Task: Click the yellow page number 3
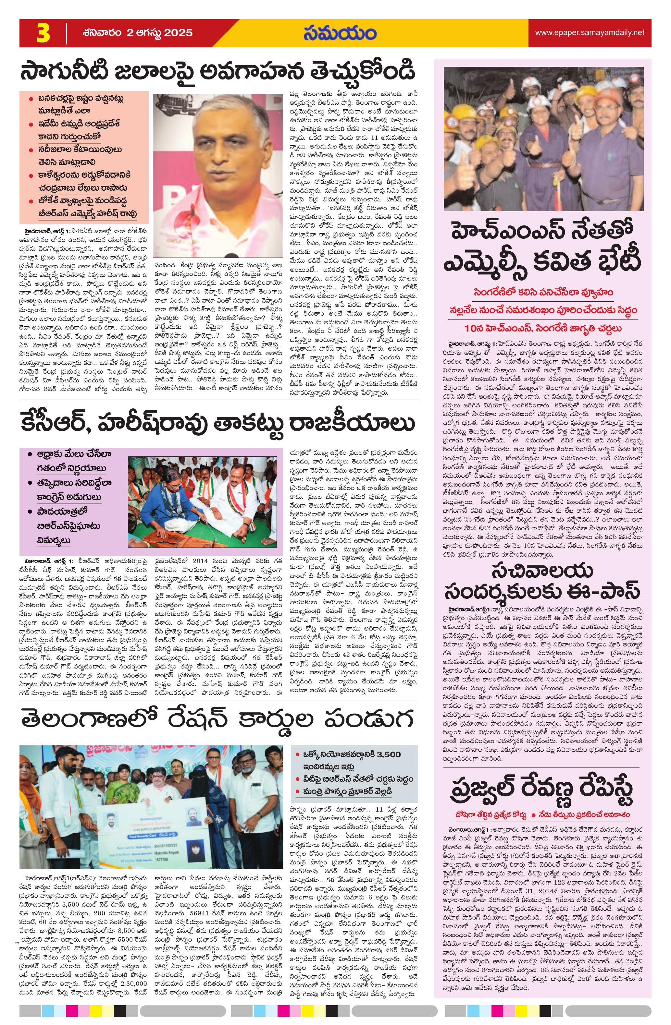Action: point(43,33)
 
